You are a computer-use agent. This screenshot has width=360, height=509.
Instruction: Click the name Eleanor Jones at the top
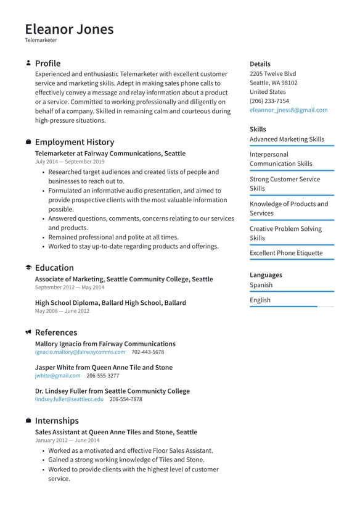(69, 29)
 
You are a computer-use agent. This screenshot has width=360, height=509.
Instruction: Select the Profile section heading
(47, 64)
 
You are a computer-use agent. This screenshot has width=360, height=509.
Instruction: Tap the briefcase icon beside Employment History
(28, 142)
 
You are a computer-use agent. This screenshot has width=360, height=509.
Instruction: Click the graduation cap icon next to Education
(28, 268)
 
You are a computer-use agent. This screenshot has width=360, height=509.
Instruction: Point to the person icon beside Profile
(28, 63)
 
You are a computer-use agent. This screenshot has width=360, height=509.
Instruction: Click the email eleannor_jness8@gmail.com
(288, 110)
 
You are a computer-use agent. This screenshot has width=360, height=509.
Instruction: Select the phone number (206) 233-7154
(269, 101)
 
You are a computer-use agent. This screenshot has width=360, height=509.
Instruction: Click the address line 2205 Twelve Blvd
(272, 73)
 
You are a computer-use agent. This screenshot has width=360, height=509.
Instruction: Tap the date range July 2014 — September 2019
(70, 162)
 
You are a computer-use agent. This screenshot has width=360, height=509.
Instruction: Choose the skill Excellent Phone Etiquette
(286, 253)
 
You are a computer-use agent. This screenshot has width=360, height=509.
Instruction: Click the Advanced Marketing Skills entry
(287, 139)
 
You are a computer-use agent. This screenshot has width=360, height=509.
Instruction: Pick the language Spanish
(261, 285)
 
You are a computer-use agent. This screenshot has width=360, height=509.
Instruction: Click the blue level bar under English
(284, 307)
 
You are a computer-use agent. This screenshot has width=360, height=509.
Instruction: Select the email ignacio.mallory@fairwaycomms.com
(80, 352)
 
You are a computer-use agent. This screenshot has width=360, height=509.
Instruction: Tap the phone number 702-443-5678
(147, 352)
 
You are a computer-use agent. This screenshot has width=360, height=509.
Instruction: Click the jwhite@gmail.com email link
(57, 376)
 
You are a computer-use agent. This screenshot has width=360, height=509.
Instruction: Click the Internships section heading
(57, 421)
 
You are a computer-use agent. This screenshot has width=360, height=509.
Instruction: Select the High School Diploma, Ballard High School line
(110, 303)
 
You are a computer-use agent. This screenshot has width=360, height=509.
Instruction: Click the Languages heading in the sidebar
(266, 275)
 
